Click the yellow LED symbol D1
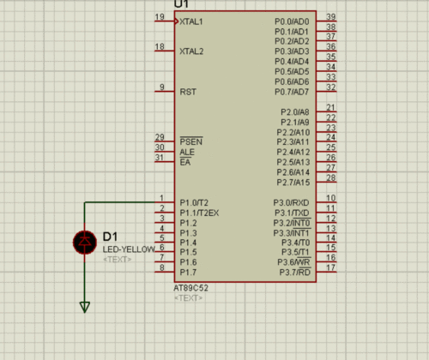[85, 243]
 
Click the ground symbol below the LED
[85, 307]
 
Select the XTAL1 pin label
[191, 21]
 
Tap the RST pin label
[188, 92]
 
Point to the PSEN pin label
[191, 141]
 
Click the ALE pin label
[187, 152]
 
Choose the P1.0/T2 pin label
[194, 203]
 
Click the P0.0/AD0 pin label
[292, 21]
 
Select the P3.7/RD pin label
[295, 273]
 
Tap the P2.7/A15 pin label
[293, 183]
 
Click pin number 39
[331, 17]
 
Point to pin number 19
[160, 17]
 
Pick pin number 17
[331, 267]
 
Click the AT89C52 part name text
[191, 288]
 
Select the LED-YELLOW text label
[129, 249]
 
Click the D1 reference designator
[110, 237]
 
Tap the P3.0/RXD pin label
[291, 203]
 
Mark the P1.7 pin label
[188, 273]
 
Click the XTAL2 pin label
[191, 51]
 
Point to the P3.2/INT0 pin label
[292, 223]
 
